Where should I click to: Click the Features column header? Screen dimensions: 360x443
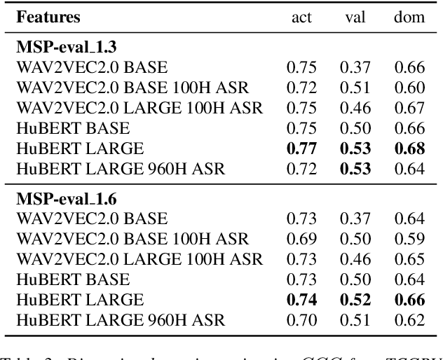49,17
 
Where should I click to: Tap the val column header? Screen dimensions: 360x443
355,18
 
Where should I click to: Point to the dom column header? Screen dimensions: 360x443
409,18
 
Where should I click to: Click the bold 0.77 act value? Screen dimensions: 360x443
301,149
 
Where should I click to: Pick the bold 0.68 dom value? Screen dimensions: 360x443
409,149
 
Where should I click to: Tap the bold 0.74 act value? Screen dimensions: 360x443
301,300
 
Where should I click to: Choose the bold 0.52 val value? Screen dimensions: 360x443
355,300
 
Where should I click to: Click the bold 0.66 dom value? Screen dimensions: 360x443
409,300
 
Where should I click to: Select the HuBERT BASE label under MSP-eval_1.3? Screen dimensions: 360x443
74,129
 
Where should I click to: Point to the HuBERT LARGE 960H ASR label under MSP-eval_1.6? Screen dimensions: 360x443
122,321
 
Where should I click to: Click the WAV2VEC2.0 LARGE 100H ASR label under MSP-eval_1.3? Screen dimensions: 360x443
140,109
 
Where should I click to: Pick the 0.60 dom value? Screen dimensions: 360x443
409,88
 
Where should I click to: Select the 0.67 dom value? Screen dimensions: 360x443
409,109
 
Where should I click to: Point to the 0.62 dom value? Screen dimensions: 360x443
409,321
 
